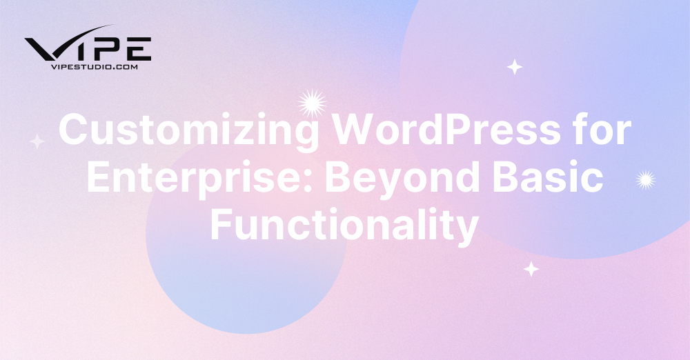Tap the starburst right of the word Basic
(645, 180)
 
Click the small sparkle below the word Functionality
(531, 269)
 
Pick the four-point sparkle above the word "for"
(514, 67)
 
